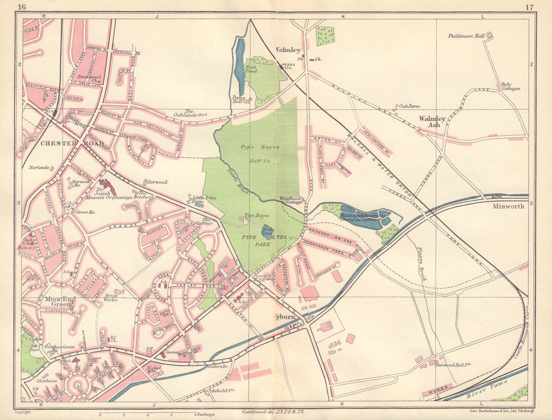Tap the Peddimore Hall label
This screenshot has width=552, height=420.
click(x=465, y=36)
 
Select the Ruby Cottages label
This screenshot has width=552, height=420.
click(x=511, y=87)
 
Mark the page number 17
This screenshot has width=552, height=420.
click(x=529, y=7)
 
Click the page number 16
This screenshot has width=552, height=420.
click(x=22, y=7)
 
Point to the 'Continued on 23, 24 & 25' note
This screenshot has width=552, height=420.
click(x=273, y=412)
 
